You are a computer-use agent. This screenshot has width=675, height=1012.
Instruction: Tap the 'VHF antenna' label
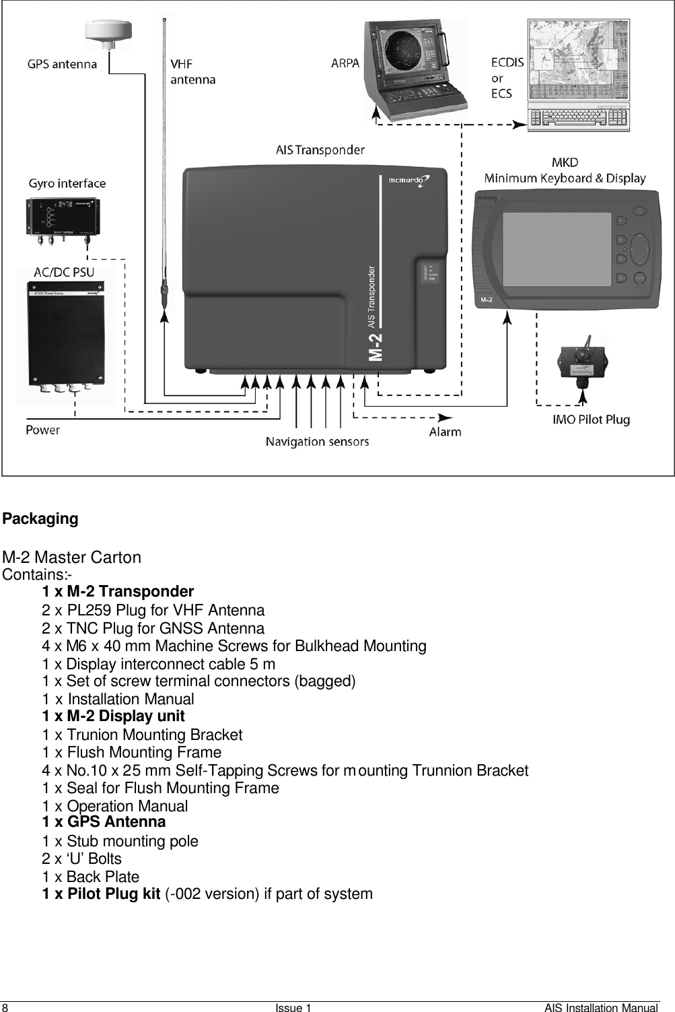coord(192,72)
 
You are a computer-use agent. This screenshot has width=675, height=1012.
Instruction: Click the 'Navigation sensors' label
coord(317,442)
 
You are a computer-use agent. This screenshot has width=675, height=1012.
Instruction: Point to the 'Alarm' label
coord(445,432)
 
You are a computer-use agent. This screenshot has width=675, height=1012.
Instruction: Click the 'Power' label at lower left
coord(43,430)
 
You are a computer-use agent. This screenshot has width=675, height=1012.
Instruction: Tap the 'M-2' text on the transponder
coord(378,345)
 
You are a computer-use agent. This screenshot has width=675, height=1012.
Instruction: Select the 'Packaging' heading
coord(40,519)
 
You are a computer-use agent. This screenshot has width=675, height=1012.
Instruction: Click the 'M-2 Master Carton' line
coord(72,558)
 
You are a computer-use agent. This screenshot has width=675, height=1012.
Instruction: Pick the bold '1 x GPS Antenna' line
coord(104,822)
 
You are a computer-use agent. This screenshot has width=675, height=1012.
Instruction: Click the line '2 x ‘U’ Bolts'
coord(81,859)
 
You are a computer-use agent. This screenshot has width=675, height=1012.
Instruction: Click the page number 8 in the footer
coord(5,1007)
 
